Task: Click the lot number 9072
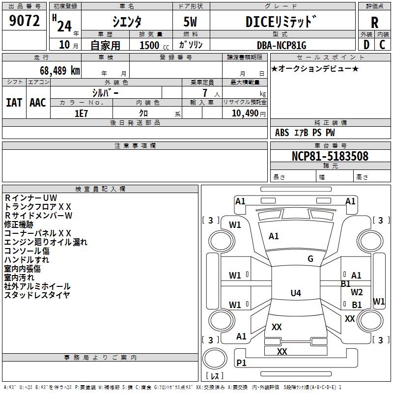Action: pyautogui.click(x=24, y=21)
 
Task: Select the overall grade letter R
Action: pyautogui.click(x=374, y=23)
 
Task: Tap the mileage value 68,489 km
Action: pyautogui.click(x=60, y=71)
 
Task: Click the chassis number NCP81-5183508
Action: pyautogui.click(x=330, y=156)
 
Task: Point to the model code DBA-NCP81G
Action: pyautogui.click(x=281, y=45)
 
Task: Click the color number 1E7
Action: pyautogui.click(x=81, y=113)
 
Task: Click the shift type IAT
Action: pyautogui.click(x=14, y=103)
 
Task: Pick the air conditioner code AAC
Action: pyautogui.click(x=38, y=103)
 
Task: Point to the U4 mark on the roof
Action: pyautogui.click(x=296, y=293)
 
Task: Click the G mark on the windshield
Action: pyautogui.click(x=310, y=259)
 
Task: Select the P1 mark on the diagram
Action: pyautogui.click(x=241, y=363)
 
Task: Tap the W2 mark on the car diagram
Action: pyautogui.click(x=357, y=292)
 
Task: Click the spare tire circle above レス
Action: pyautogui.click(x=215, y=359)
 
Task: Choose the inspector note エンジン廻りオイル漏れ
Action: pyautogui.click(x=46, y=242)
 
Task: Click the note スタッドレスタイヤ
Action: pyautogui.click(x=37, y=295)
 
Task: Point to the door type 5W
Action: pyautogui.click(x=190, y=22)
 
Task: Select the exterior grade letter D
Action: pyautogui.click(x=366, y=45)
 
